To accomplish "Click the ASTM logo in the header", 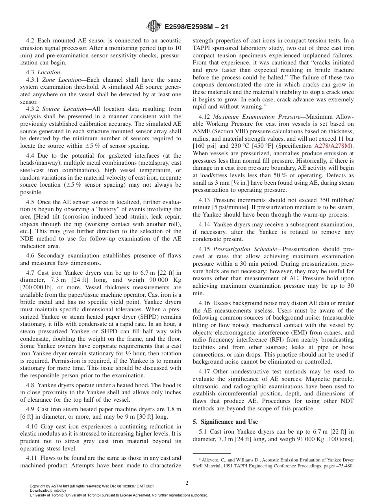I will (x=154, y=27).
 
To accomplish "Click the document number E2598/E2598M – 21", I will (x=196, y=27).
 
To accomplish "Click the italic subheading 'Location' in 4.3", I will (x=49, y=72).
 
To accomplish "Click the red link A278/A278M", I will (x=334, y=146).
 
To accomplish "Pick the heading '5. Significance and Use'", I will (x=225, y=422).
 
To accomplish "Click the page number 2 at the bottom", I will (x=187, y=483).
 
